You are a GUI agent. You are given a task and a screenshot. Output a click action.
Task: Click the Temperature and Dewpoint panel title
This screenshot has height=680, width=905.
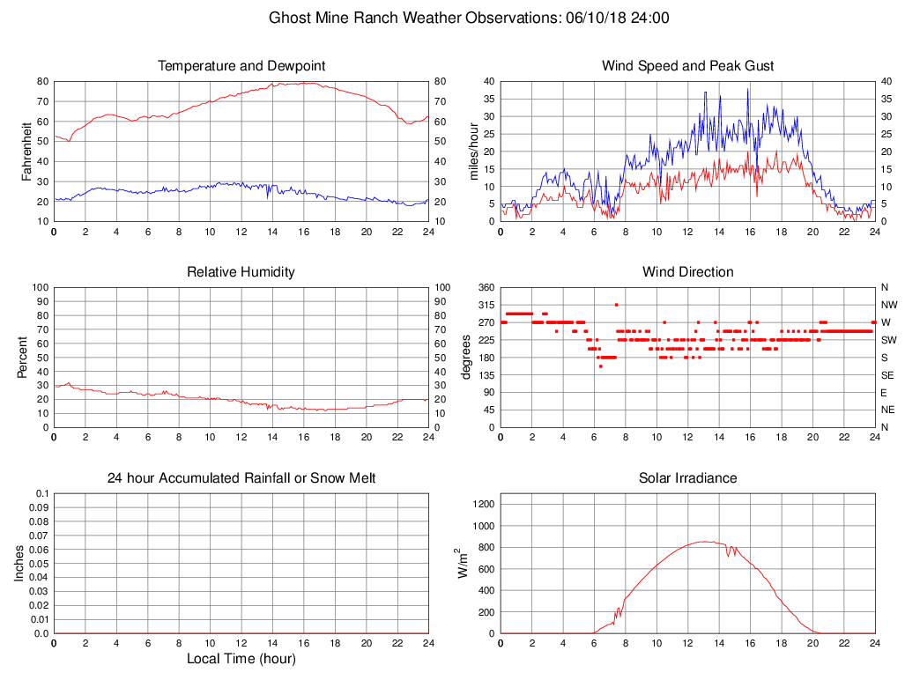(x=241, y=66)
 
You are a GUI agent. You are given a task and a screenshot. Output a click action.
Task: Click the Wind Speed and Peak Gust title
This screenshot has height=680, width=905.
(x=687, y=66)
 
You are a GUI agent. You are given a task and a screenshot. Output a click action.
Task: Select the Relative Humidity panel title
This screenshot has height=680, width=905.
(x=241, y=272)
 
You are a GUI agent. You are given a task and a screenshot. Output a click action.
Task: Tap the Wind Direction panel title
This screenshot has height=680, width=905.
(x=687, y=272)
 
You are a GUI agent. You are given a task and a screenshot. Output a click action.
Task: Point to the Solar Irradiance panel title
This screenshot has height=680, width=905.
(x=687, y=478)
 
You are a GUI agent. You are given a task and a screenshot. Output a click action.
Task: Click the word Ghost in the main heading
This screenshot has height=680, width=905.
(x=288, y=18)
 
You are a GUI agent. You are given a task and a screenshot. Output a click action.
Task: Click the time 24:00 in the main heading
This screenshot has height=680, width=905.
(x=650, y=18)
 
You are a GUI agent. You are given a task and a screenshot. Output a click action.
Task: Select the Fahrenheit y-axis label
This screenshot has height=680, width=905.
(x=26, y=152)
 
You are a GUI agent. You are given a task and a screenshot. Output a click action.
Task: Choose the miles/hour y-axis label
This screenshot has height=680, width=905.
(x=473, y=152)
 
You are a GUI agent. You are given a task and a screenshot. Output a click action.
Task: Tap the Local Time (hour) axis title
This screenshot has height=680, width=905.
(x=241, y=658)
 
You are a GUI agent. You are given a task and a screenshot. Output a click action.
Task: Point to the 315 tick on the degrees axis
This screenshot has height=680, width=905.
(x=486, y=305)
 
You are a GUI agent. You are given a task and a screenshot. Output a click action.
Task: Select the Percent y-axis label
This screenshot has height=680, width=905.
(x=22, y=358)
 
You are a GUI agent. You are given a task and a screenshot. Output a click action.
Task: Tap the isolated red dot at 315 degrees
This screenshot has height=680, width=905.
(x=617, y=305)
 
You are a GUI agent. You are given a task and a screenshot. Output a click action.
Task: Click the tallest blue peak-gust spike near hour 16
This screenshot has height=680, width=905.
(x=748, y=89)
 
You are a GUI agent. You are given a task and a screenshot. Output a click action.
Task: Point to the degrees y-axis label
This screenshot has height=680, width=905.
(x=466, y=358)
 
